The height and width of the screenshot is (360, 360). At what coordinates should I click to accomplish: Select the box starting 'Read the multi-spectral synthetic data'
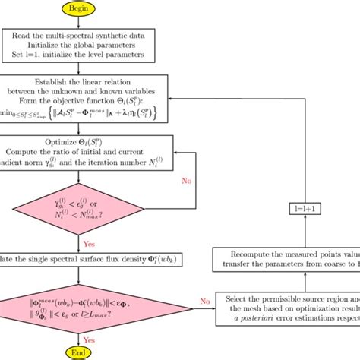[90, 45]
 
